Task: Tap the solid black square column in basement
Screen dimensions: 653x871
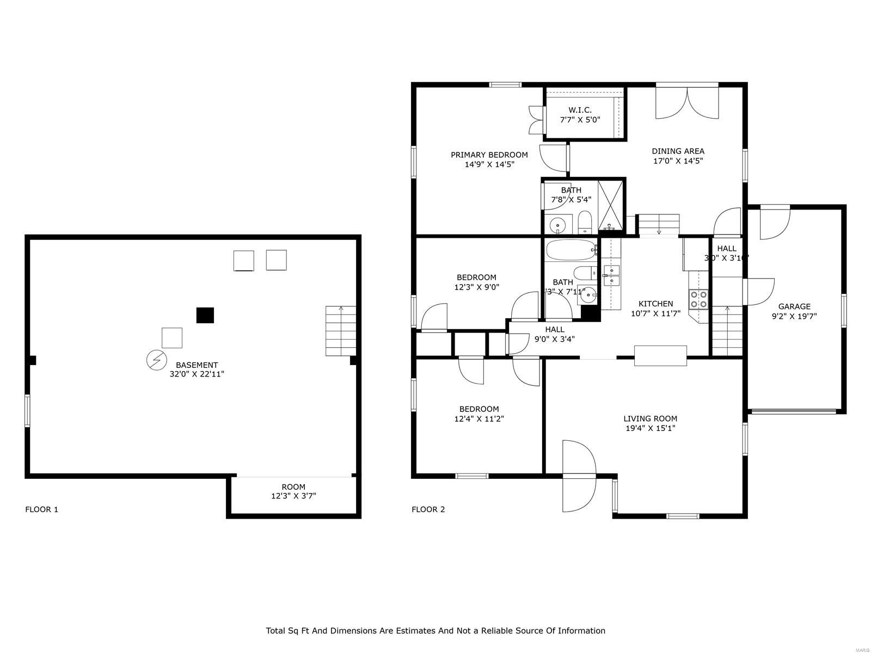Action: (x=205, y=315)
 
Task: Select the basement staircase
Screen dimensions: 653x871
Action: (x=341, y=331)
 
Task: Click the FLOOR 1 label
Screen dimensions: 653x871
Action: (x=41, y=509)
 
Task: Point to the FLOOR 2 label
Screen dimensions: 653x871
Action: (x=428, y=509)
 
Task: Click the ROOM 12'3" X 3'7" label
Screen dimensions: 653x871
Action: (x=293, y=491)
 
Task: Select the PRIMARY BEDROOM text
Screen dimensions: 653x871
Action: (x=489, y=155)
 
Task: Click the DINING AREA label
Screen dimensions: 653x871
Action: (x=678, y=151)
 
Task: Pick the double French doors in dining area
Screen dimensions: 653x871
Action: (x=687, y=102)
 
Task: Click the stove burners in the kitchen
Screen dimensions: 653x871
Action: (x=698, y=299)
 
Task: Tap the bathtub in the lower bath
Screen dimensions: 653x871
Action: (x=571, y=250)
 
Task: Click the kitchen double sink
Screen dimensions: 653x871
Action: (x=611, y=275)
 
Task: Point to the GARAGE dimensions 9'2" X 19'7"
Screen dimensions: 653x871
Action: (x=794, y=316)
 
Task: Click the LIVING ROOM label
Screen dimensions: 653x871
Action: (x=650, y=418)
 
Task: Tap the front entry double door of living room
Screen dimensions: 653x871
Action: (x=579, y=476)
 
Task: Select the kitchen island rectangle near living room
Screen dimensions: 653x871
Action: (x=660, y=355)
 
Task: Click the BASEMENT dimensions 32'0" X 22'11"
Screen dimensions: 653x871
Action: (x=197, y=374)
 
